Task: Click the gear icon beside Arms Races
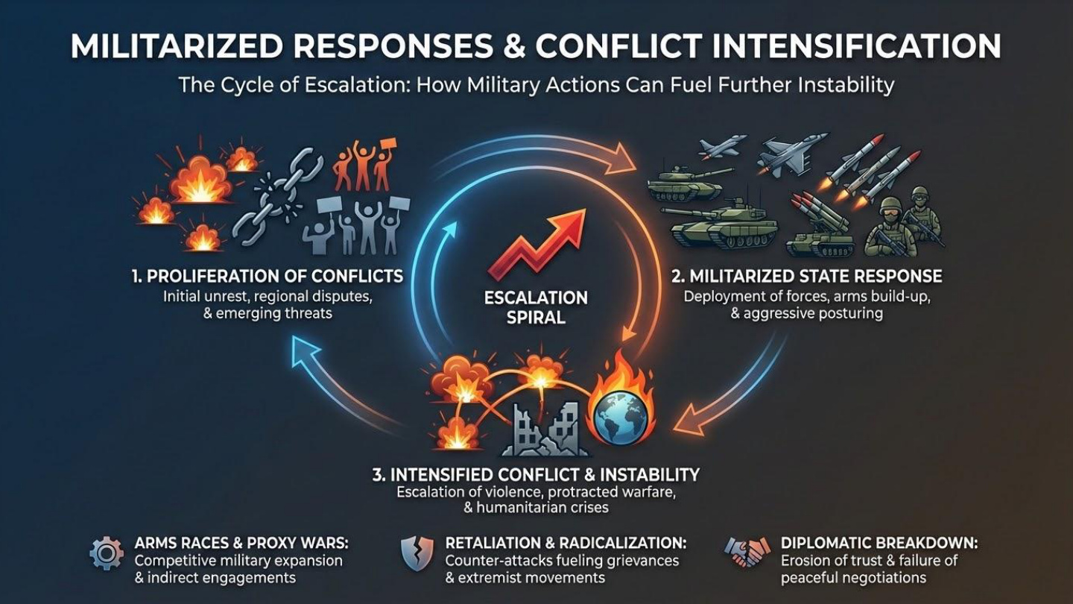106,553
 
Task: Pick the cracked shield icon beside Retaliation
417,553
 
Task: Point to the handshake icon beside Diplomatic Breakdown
747,553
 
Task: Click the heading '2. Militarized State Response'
806,277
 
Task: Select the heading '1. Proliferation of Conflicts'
268,277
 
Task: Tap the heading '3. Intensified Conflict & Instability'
535,474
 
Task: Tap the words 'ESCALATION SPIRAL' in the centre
535,307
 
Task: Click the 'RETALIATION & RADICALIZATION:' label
566,543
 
